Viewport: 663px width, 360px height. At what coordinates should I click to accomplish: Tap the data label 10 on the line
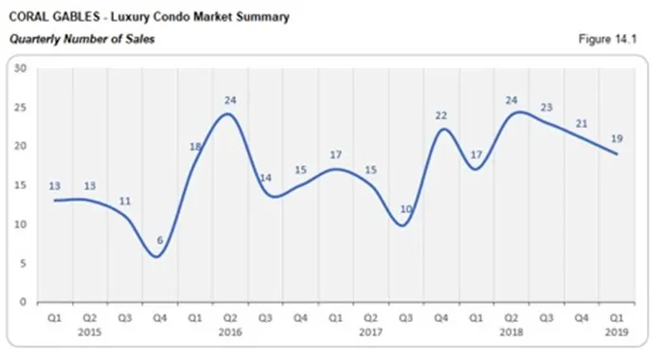[x=403, y=208]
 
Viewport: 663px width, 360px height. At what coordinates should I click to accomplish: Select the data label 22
[x=440, y=115]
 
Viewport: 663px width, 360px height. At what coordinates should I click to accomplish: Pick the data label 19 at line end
[x=615, y=138]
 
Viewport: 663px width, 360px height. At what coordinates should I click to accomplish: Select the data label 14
[x=264, y=178]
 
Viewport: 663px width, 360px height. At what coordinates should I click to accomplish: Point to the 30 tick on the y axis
[x=20, y=67]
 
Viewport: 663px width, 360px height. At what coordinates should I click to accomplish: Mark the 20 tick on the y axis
[x=20, y=146]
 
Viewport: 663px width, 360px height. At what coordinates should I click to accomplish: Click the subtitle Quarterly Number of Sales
[x=82, y=39]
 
